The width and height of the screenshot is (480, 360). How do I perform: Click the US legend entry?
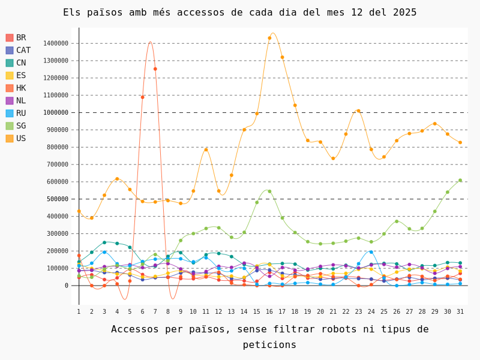[16, 139]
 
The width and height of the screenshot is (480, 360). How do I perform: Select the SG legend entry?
[16, 126]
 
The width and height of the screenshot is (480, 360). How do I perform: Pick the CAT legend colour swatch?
[10, 50]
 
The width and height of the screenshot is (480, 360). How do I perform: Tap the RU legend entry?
[16, 113]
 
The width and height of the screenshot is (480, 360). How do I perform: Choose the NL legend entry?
[16, 101]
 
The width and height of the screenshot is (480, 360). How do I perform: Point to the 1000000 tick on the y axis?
[56, 113]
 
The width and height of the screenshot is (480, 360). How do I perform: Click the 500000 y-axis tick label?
[57, 199]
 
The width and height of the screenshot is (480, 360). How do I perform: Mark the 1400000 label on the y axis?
[56, 43]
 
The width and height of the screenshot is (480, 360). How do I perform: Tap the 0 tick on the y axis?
[67, 286]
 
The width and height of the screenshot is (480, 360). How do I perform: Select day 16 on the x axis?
[269, 311]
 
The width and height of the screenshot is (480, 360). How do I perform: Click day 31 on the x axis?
[460, 311]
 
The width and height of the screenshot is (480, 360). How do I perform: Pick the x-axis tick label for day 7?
[155, 311]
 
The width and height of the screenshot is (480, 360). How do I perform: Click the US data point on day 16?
[269, 38]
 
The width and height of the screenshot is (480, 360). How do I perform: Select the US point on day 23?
[358, 111]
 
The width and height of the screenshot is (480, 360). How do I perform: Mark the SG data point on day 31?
[460, 181]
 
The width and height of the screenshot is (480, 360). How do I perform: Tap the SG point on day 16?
[269, 191]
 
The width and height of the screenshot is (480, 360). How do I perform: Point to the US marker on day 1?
[79, 211]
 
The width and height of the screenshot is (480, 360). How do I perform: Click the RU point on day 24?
[371, 252]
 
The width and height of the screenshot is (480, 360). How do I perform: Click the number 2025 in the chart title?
[404, 13]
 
